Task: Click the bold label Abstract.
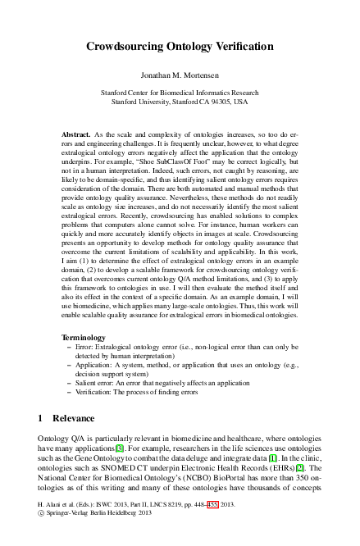pyautogui.click(x=78, y=133)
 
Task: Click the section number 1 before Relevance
pyautogui.click(x=41, y=419)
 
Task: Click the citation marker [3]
pyautogui.click(x=119, y=448)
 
